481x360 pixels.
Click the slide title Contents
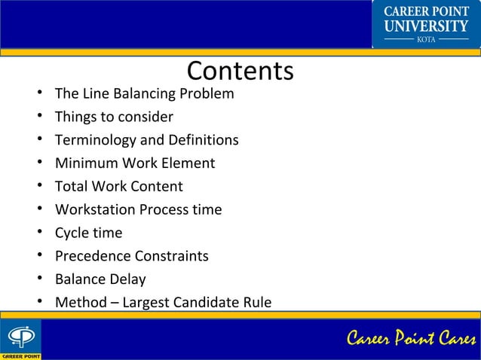(x=240, y=71)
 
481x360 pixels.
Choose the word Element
(x=188, y=163)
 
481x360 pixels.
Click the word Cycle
(x=72, y=233)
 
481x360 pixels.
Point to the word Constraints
(x=172, y=256)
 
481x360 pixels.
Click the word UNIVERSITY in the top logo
(x=427, y=26)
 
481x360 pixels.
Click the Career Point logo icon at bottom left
(x=20, y=336)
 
